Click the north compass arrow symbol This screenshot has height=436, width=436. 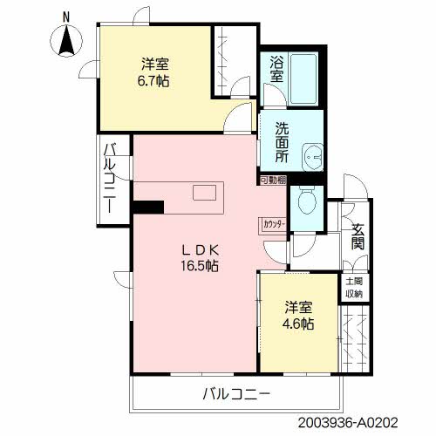(x=66, y=41)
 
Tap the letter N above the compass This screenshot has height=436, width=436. (x=66, y=17)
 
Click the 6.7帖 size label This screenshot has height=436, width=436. (x=153, y=81)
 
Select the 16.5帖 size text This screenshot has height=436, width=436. (x=200, y=266)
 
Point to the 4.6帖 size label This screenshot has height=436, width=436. (x=298, y=324)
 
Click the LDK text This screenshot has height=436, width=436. (x=200, y=249)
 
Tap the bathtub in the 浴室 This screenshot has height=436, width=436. (x=303, y=78)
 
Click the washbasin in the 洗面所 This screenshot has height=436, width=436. (x=313, y=157)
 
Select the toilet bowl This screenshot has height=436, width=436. (x=307, y=200)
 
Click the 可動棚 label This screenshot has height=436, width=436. (x=273, y=181)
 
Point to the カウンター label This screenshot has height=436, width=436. (x=275, y=224)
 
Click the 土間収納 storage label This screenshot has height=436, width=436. (x=354, y=288)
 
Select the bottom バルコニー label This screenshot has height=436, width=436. (x=236, y=394)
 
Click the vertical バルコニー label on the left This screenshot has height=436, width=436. (x=110, y=178)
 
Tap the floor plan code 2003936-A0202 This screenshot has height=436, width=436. (x=348, y=422)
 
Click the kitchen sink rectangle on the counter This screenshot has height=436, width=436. (x=205, y=193)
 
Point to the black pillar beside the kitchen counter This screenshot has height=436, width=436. (x=148, y=207)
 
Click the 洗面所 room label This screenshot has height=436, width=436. (x=282, y=142)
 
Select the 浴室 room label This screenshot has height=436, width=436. (x=276, y=69)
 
